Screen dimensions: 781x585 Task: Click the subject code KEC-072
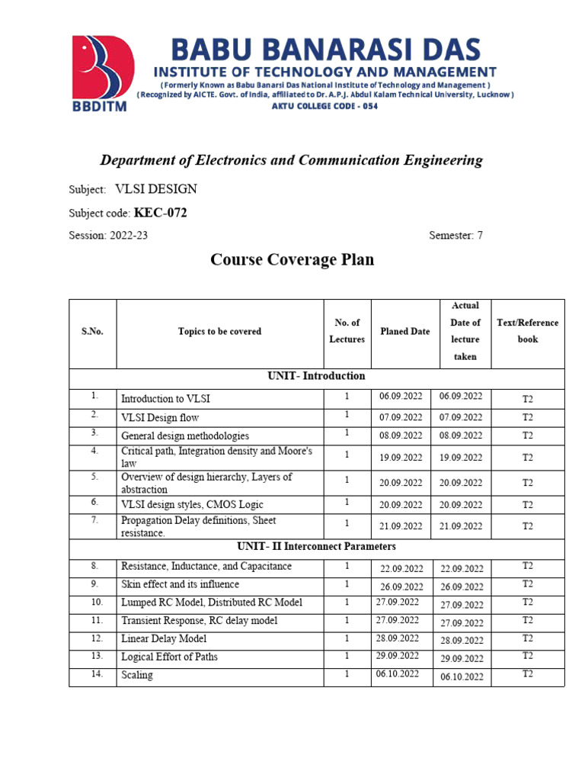(161, 213)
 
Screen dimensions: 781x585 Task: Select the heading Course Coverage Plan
(292, 260)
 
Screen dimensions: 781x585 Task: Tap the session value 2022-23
(129, 236)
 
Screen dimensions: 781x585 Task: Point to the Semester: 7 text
(456, 236)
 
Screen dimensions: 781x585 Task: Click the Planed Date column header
(404, 332)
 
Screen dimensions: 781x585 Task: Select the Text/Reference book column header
(527, 331)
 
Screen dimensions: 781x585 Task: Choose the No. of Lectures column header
(347, 331)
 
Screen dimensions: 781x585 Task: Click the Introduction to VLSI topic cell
(166, 399)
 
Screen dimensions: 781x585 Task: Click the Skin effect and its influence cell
(180, 585)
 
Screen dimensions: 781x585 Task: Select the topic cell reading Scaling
(137, 676)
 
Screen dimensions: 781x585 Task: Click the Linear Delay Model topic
(164, 639)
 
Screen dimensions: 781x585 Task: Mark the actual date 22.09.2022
(462, 569)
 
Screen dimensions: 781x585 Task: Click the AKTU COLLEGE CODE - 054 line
(324, 106)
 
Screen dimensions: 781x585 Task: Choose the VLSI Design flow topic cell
(160, 418)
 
